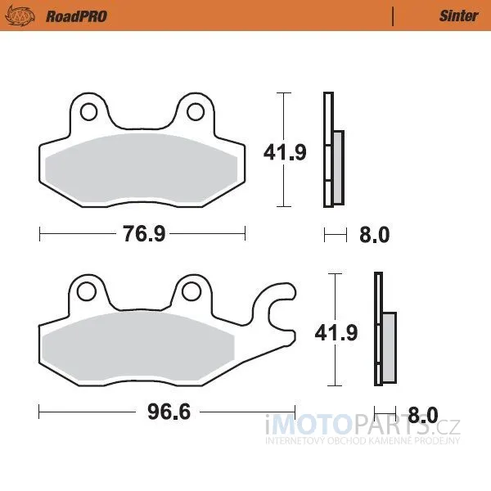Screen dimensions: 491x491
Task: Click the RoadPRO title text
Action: tap(76, 16)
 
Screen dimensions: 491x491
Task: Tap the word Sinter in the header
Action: tap(459, 16)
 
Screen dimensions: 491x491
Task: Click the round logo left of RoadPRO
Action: tap(20, 16)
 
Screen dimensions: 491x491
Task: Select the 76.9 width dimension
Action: tap(144, 234)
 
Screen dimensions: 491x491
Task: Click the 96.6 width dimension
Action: tap(169, 412)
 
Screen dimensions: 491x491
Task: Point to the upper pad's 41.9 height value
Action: tap(285, 152)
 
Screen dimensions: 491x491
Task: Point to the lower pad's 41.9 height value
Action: tap(336, 332)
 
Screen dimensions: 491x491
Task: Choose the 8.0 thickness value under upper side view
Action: tap(375, 235)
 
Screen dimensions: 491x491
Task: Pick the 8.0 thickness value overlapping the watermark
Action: tap(423, 415)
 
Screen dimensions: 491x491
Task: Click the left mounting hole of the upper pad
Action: tap(88, 112)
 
